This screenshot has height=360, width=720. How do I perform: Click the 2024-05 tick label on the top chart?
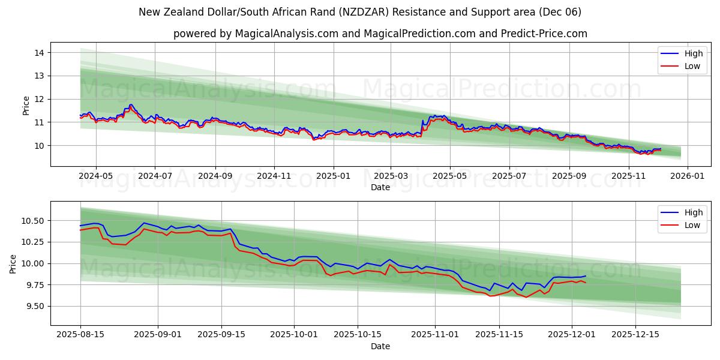point(96,176)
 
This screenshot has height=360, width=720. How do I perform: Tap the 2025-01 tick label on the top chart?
point(332,176)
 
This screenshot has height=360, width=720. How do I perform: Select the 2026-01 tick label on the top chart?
point(687,176)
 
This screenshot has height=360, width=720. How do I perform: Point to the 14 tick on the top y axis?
point(40,53)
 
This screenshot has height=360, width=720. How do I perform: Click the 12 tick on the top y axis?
point(40,99)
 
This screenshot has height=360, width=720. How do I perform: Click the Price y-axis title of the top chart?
point(26,106)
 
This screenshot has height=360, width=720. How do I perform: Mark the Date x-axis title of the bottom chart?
point(380,346)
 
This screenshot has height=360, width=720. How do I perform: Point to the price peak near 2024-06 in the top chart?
point(131,105)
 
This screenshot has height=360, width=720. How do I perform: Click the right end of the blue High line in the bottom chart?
point(586,276)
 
